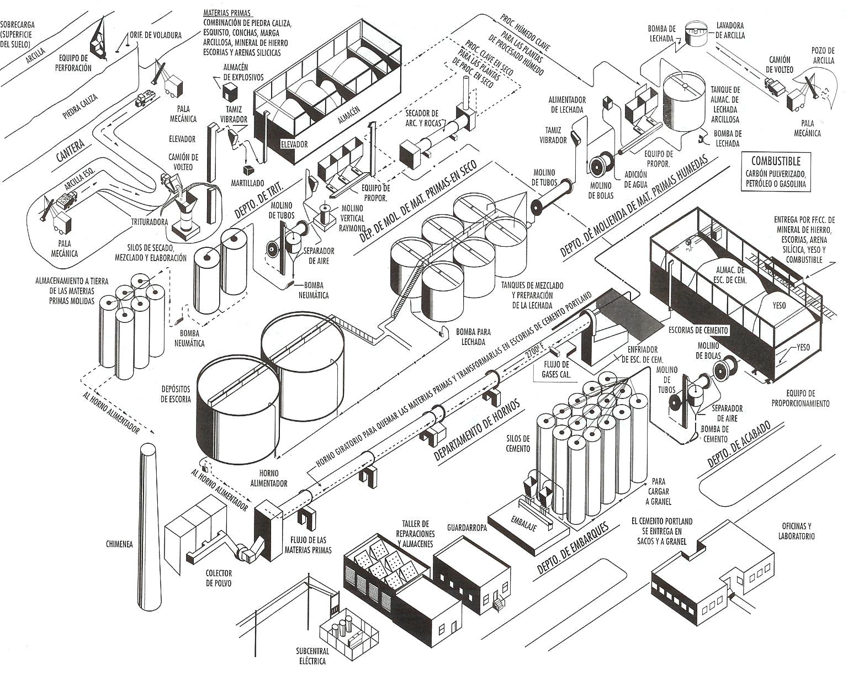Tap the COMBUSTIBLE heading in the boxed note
click(775, 161)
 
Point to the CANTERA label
click(71, 150)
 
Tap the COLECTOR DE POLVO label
click(219, 578)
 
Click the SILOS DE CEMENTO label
click(517, 443)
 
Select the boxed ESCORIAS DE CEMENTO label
click(698, 330)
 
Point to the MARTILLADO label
click(247, 183)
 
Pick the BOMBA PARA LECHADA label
click(473, 337)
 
